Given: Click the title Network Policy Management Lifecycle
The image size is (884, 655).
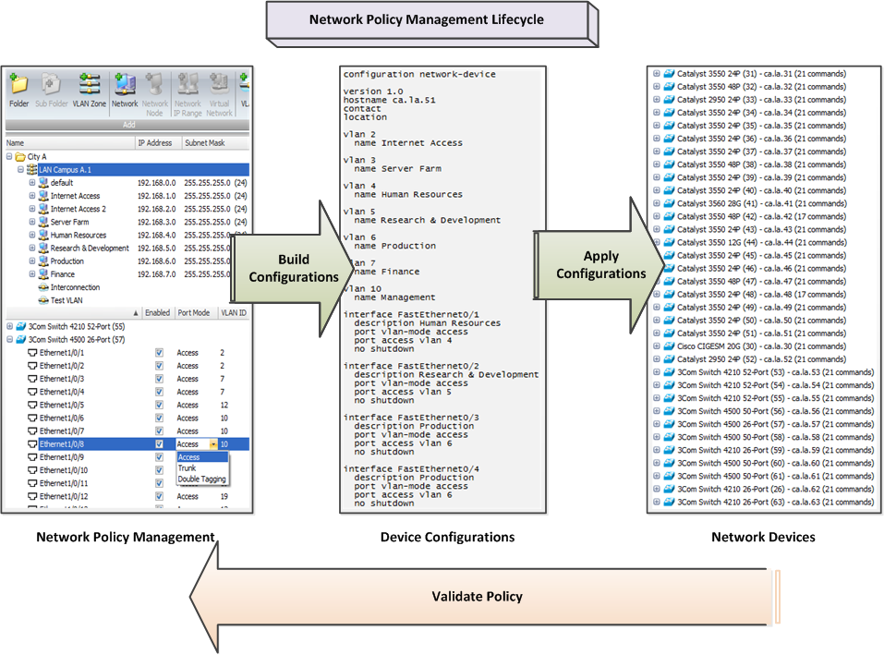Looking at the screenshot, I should point(426,19).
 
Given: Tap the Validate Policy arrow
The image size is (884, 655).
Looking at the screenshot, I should point(477,596).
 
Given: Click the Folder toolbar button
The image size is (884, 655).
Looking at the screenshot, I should point(18,91).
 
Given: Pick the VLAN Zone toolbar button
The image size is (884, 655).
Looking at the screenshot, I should point(90,91).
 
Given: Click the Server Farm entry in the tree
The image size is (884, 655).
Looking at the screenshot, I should point(69,222).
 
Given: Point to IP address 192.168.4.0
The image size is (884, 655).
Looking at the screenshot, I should point(156,235).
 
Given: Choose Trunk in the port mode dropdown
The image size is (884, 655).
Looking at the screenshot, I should point(188,468).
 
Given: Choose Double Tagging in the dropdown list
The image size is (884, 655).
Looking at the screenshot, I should point(201,479).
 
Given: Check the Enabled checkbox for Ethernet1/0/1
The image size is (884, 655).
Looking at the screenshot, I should point(159,353).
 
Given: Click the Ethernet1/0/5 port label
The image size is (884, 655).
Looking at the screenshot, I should point(62,405).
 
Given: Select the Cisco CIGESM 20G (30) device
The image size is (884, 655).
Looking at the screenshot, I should point(760,346).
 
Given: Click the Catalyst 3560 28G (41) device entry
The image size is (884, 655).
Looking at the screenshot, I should point(760,203).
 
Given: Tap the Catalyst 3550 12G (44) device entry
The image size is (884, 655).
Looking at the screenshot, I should point(760,242).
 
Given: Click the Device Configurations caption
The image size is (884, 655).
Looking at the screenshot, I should point(447,537).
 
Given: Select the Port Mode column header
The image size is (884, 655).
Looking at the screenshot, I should point(193,313).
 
